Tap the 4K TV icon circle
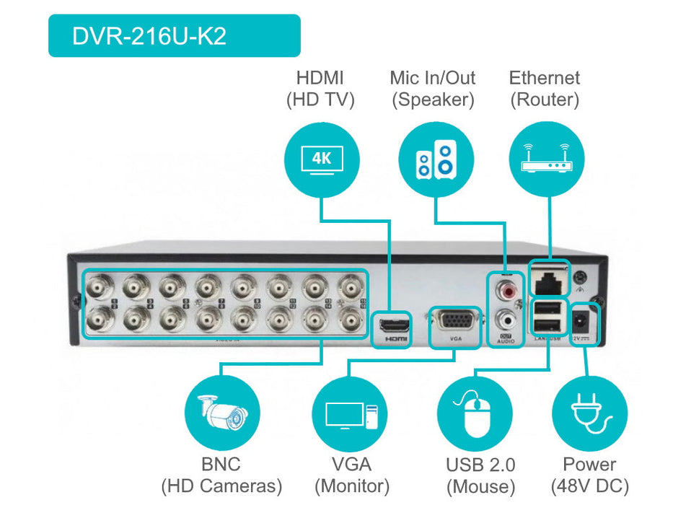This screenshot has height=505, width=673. [321, 159]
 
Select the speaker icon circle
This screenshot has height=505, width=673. [436, 159]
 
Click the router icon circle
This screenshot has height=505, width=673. [546, 159]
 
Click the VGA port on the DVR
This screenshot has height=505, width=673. [454, 321]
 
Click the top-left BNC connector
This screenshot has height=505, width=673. [97, 289]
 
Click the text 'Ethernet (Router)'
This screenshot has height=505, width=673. [545, 89]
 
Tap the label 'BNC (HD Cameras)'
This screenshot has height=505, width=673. [221, 475]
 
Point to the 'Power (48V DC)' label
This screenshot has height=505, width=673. [589, 474]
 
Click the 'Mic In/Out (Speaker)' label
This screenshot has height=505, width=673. [433, 89]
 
